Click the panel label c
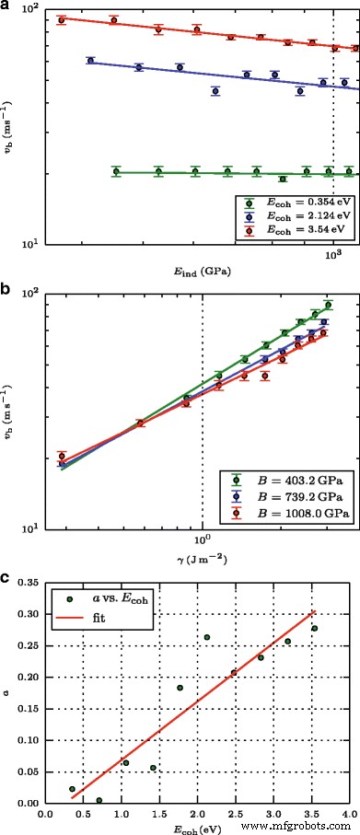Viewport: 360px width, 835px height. (x=6, y=578)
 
